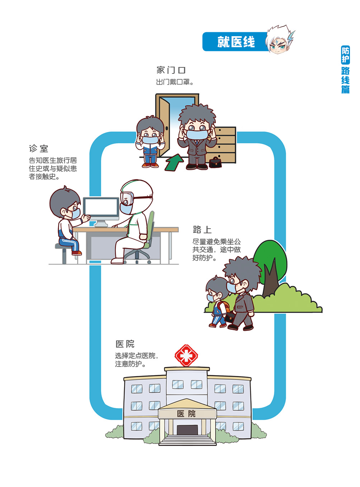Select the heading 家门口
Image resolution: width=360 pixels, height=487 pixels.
coord(171,70)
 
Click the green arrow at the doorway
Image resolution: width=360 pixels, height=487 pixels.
coord(174,162)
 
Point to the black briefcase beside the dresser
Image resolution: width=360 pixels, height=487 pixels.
coord(215,163)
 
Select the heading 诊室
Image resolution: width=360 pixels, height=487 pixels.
coord(38,148)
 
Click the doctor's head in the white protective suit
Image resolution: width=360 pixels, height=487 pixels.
coord(136,195)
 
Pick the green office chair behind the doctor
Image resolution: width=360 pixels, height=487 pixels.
coord(151,229)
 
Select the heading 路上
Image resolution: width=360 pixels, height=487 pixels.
coord(202,230)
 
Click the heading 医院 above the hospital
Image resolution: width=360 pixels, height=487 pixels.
coord(125,344)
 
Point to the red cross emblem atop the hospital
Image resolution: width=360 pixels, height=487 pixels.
coord(186,355)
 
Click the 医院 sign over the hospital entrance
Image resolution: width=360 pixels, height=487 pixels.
coord(187,414)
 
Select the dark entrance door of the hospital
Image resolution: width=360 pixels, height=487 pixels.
coord(187,430)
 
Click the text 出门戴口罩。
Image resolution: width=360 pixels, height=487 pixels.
coord(175,82)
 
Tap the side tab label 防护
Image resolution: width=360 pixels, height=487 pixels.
coord(345,55)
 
